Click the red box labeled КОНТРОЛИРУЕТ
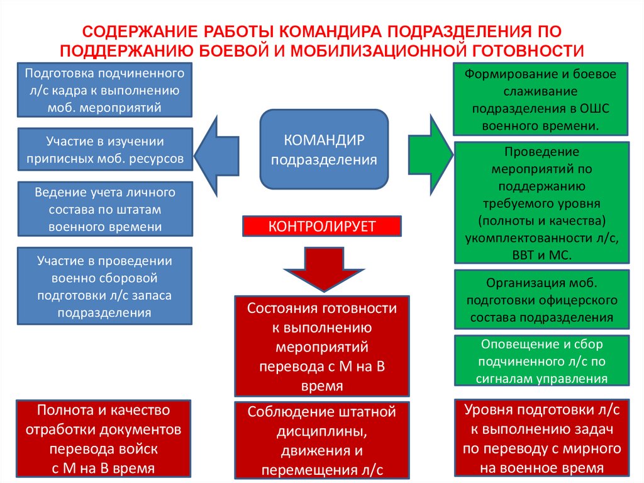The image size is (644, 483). (322, 227)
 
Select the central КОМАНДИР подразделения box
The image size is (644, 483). (324, 149)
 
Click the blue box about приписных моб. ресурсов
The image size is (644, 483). (105, 150)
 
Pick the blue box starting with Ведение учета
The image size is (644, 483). (105, 209)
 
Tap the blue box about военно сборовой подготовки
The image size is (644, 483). (105, 286)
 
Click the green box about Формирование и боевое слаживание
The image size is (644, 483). (541, 99)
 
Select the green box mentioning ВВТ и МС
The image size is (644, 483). (541, 203)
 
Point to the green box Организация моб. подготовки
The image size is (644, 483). (541, 300)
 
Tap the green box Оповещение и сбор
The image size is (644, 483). (541, 361)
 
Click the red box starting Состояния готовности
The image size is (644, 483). (322, 346)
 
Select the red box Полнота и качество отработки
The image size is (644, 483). (104, 439)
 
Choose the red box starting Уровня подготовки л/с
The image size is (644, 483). (541, 439)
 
